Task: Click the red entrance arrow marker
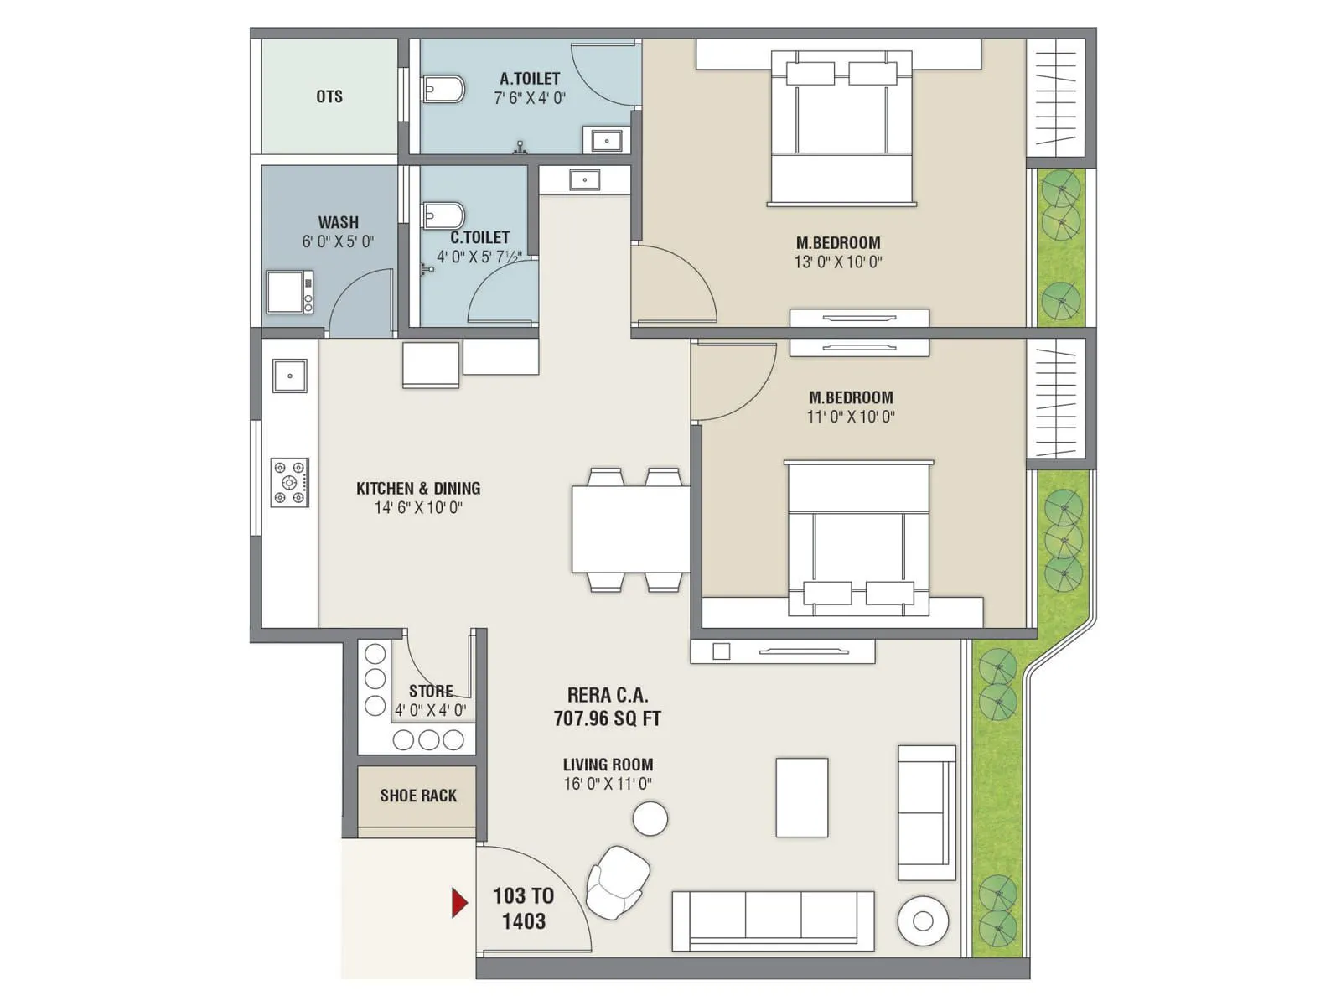click(x=459, y=902)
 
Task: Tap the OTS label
click(x=329, y=96)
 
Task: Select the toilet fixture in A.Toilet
click(x=443, y=88)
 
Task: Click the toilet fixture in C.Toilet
click(x=443, y=215)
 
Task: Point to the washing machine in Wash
click(x=290, y=292)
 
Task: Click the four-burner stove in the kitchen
click(x=289, y=482)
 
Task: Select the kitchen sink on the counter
click(x=290, y=376)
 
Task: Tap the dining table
click(x=630, y=529)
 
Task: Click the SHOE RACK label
click(x=418, y=796)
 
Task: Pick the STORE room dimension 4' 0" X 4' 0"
click(x=431, y=710)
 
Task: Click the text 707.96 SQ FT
click(x=607, y=718)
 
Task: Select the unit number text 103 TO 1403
click(x=523, y=908)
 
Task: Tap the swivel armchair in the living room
click(x=618, y=881)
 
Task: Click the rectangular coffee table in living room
click(x=802, y=797)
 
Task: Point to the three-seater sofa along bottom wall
click(x=773, y=920)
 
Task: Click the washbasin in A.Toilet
click(x=607, y=140)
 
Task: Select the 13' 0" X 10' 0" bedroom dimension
click(x=838, y=262)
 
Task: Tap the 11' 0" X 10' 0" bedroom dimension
click(x=851, y=417)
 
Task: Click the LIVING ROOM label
click(x=608, y=765)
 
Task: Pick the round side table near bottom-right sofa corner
click(x=923, y=921)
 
